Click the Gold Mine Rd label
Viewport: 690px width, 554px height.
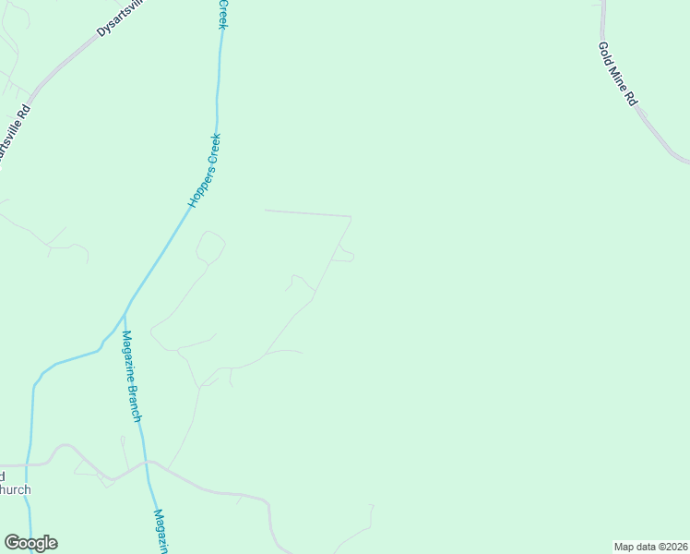[x=618, y=74]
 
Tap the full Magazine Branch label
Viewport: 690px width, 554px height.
[x=132, y=376]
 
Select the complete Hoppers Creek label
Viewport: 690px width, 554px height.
[x=205, y=171]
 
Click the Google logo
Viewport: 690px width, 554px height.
[x=30, y=543]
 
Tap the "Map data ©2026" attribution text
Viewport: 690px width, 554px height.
[x=651, y=546]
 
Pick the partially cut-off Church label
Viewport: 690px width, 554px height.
[x=15, y=489]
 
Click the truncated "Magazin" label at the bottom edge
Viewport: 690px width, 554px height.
[x=161, y=530]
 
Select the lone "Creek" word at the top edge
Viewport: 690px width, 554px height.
[x=222, y=14]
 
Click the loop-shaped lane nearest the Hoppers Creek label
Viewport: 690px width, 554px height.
[x=210, y=247]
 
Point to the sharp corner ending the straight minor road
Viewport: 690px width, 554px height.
[x=351, y=217]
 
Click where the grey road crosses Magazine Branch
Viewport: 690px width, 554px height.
[x=146, y=462]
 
